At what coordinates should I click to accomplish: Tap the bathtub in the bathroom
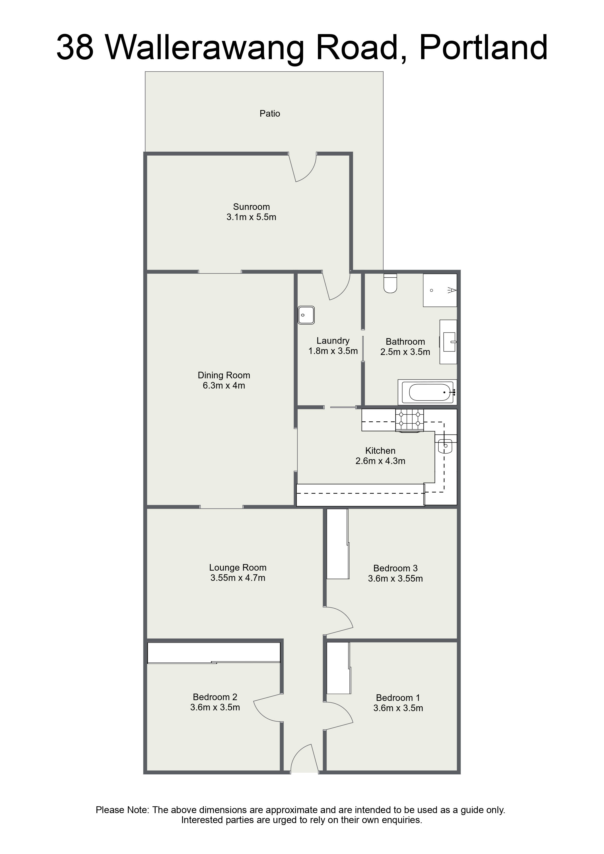pyautogui.click(x=427, y=392)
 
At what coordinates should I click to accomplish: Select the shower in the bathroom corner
pyautogui.click(x=440, y=290)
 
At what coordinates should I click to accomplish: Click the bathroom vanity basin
pyautogui.click(x=449, y=342)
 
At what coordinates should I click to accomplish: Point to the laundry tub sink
pyautogui.click(x=306, y=315)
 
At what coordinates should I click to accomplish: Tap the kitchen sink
pyautogui.click(x=445, y=446)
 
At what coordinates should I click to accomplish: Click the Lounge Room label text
pyautogui.click(x=237, y=568)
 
